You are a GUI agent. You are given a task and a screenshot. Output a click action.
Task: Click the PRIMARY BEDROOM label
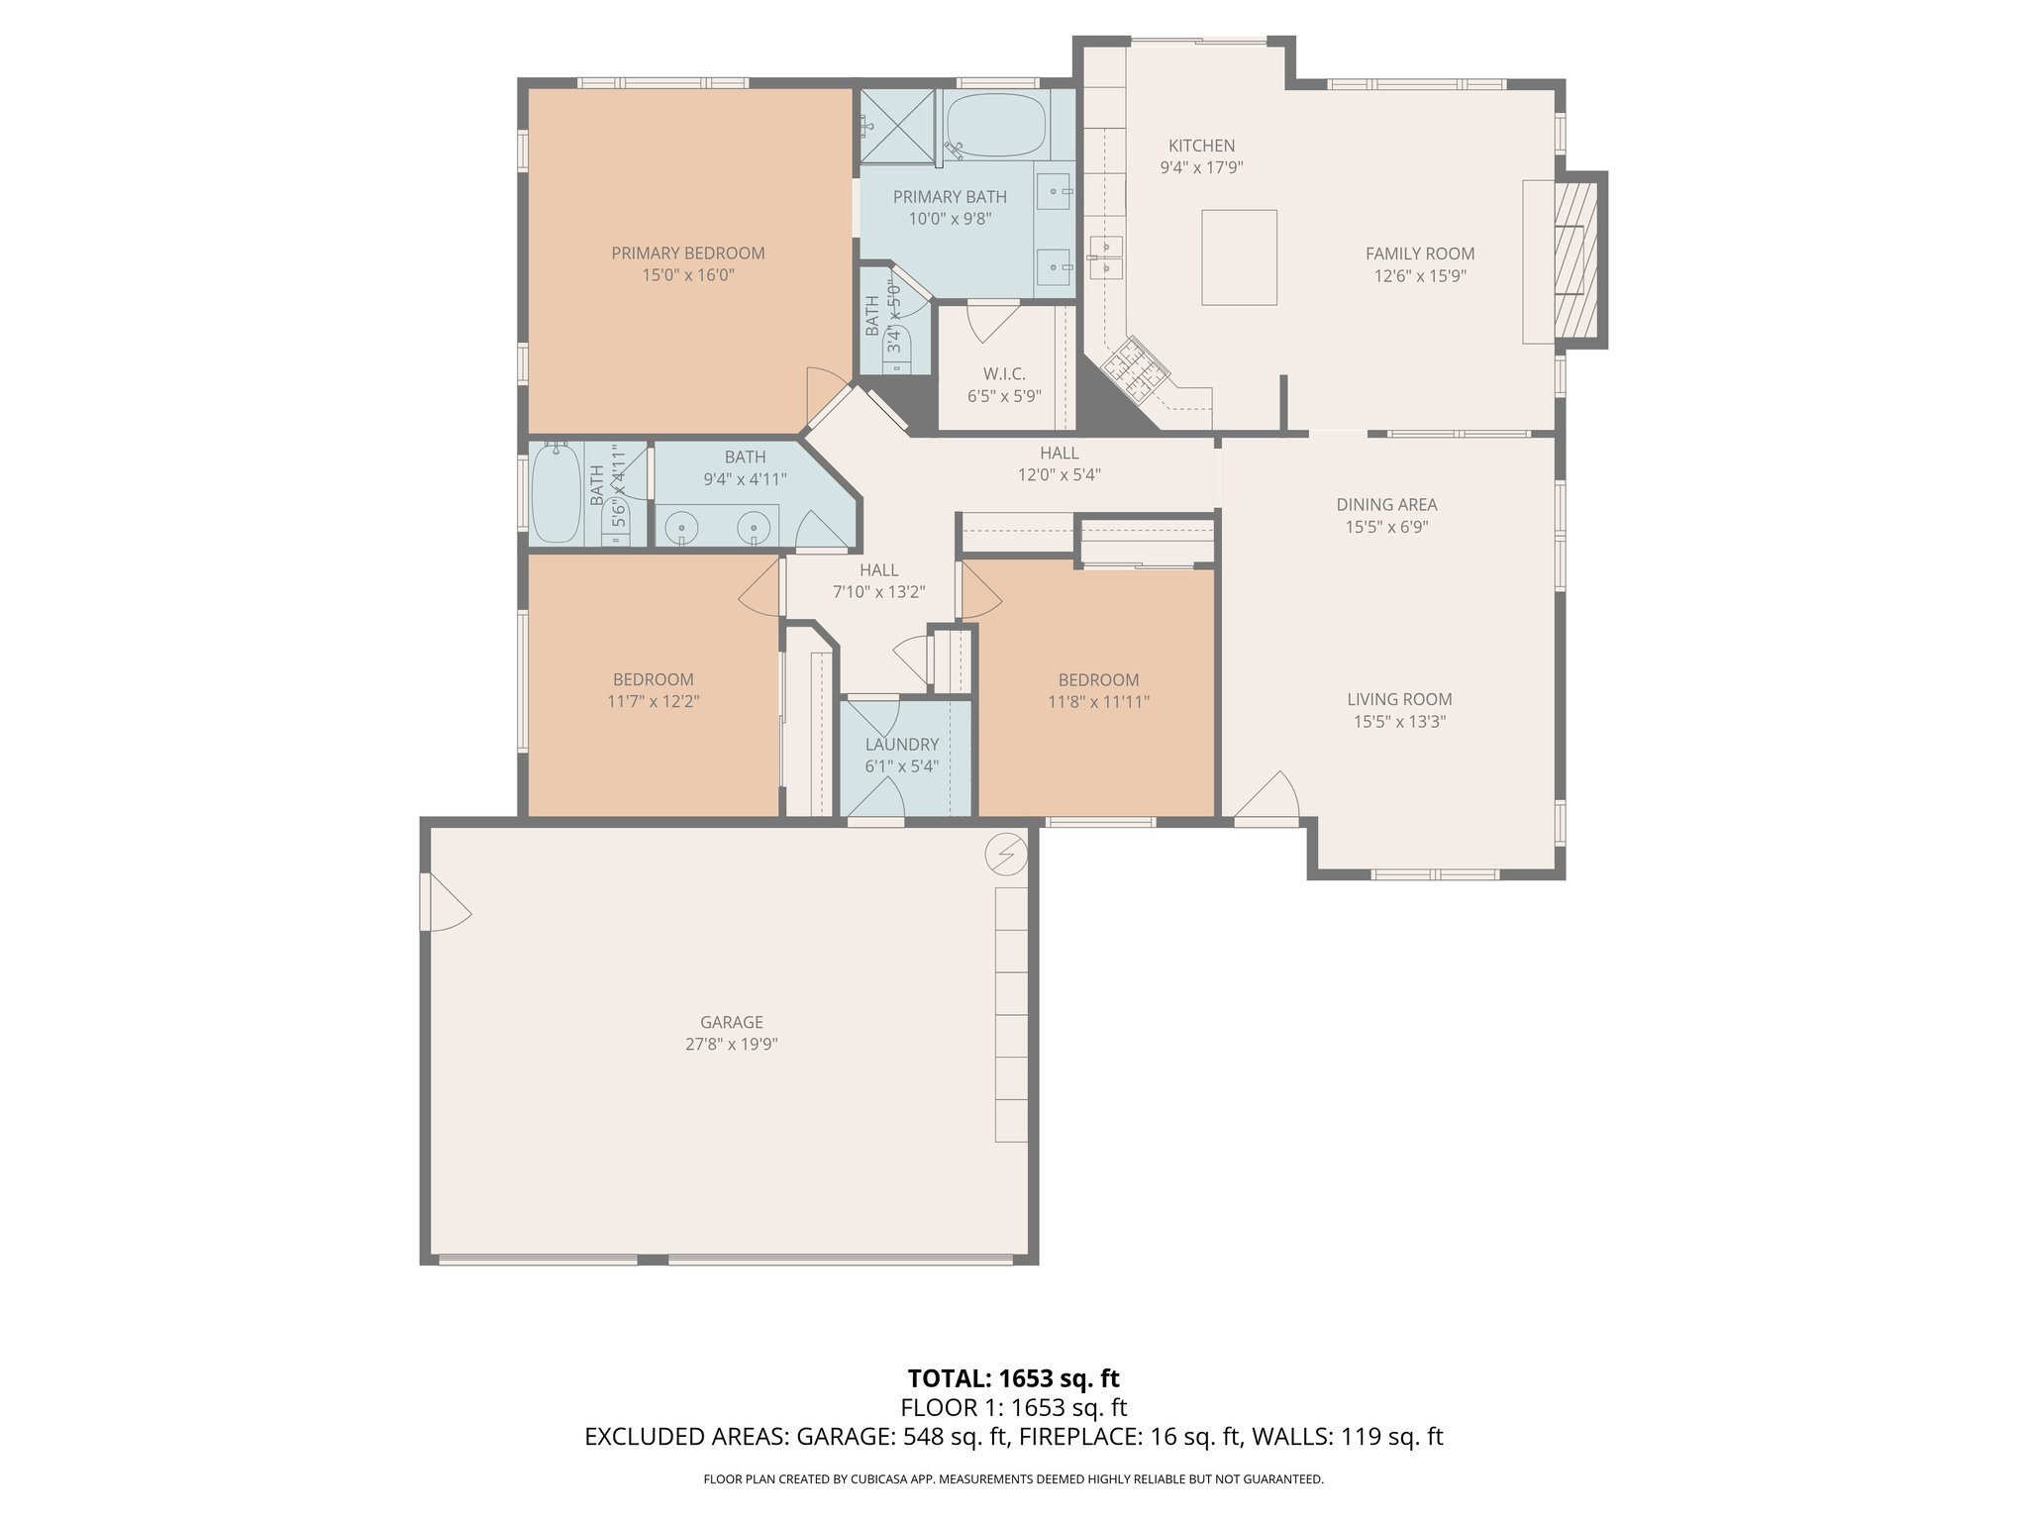(x=687, y=253)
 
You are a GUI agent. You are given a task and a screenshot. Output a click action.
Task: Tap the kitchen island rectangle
(x=1239, y=257)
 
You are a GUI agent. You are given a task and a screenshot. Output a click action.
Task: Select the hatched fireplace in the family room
(x=1576, y=259)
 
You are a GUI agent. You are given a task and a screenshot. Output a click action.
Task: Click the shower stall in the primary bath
(x=897, y=126)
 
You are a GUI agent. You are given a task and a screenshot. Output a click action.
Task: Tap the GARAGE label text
(x=732, y=1022)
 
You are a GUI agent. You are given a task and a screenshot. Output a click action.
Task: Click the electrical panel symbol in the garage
(x=1007, y=853)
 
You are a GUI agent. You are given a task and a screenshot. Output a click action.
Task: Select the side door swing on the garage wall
(x=447, y=901)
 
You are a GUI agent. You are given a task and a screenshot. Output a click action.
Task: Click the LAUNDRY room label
(x=901, y=745)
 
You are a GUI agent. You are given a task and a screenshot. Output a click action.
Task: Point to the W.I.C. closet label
(x=1004, y=374)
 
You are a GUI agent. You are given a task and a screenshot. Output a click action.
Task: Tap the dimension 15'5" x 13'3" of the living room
(x=1399, y=722)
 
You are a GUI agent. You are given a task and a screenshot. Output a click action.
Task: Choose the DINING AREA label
(x=1386, y=505)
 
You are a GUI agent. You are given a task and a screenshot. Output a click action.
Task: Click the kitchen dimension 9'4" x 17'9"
(x=1201, y=167)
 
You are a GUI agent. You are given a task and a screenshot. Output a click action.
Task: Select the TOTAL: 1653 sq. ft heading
(x=1013, y=1378)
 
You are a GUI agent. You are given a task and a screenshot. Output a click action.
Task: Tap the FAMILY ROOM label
(x=1420, y=253)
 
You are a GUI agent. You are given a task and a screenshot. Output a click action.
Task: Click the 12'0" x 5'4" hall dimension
(x=1060, y=474)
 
